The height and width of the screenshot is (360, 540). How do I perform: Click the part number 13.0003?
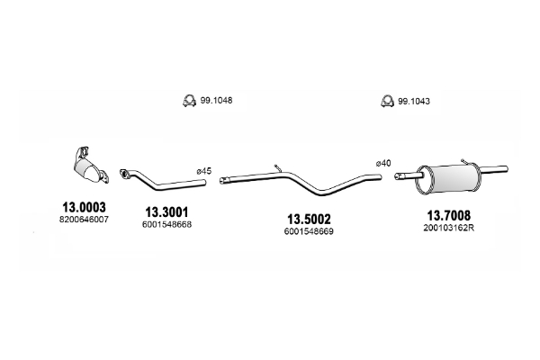pyautogui.click(x=84, y=207)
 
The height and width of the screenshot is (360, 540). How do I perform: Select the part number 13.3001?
pyautogui.click(x=166, y=211)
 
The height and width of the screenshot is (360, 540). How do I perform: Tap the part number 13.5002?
pyautogui.click(x=309, y=219)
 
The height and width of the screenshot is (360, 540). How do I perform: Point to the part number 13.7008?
pyautogui.click(x=448, y=215)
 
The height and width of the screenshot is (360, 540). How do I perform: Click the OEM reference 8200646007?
pyautogui.click(x=84, y=220)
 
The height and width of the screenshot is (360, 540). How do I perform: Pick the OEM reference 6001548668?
pyautogui.click(x=166, y=224)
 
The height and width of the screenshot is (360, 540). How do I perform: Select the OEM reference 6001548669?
pyautogui.click(x=309, y=231)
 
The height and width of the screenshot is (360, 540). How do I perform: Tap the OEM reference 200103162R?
pyautogui.click(x=449, y=228)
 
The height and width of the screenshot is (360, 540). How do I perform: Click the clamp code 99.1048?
pyautogui.click(x=216, y=100)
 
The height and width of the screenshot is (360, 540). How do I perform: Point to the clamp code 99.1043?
pyautogui.click(x=414, y=102)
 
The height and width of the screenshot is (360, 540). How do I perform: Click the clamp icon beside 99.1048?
pyautogui.click(x=189, y=100)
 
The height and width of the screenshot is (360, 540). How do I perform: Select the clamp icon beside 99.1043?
pyautogui.click(x=387, y=101)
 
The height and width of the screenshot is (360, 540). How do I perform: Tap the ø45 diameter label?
pyautogui.click(x=204, y=171)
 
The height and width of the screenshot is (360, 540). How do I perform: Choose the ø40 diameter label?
pyautogui.click(x=383, y=163)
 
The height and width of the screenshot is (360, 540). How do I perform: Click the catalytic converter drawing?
pyautogui.click(x=90, y=167)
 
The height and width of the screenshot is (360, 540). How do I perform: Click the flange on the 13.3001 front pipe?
pyautogui.click(x=124, y=174)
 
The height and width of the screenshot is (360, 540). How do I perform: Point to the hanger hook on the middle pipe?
pyautogui.click(x=278, y=168)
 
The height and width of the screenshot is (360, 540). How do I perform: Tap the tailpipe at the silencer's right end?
pyautogui.click(x=493, y=169)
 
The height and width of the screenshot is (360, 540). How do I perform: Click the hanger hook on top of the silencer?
pyautogui.click(x=464, y=162)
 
